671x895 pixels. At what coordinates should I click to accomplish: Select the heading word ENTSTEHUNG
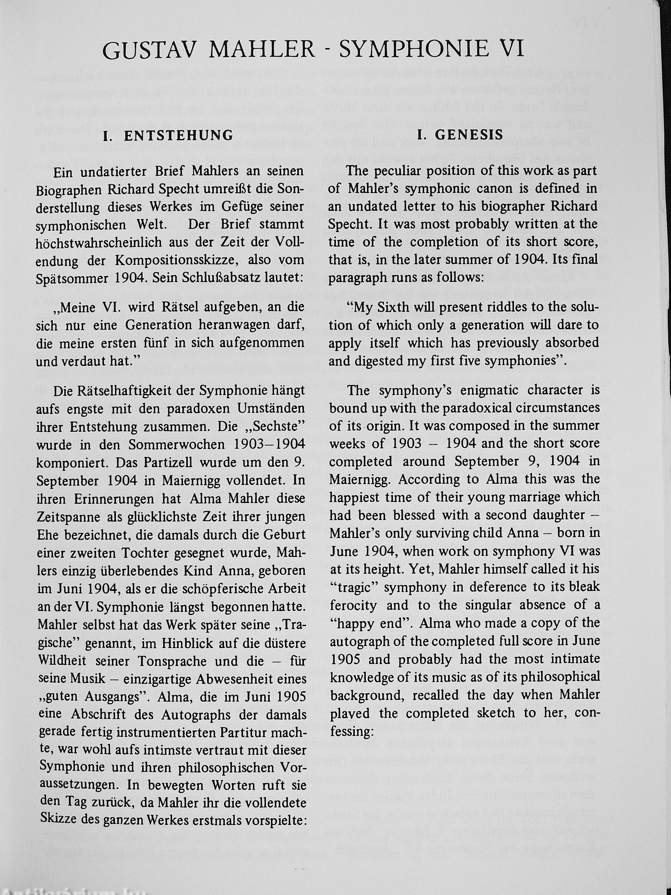[x=178, y=136]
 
